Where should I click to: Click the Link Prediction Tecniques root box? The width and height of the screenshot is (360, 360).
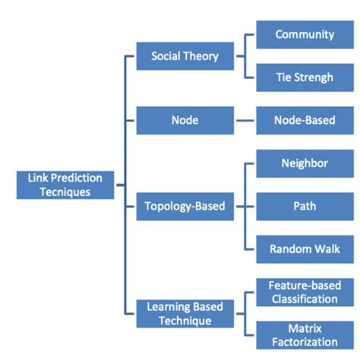[65, 185]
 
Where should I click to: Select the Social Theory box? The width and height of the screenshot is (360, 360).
[185, 55]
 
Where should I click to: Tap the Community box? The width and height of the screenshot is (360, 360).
[305, 34]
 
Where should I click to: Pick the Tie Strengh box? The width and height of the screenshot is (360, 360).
[305, 77]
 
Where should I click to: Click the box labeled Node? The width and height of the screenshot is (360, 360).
[185, 119]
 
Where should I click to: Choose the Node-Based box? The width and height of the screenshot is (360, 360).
[305, 119]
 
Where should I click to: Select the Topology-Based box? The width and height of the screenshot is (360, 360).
[185, 206]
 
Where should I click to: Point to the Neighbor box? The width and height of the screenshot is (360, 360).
[305, 163]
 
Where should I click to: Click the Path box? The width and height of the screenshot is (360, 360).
[305, 206]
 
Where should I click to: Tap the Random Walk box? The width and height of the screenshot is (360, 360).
[305, 249]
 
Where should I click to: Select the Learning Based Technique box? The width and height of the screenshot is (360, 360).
[185, 314]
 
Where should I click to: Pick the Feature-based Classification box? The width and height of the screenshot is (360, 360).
[305, 292]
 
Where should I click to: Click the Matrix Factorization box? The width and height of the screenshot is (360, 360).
[305, 335]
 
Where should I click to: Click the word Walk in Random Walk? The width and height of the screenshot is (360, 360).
[326, 249]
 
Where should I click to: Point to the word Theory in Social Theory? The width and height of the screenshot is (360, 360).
[203, 55]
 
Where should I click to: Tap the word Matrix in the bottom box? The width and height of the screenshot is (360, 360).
[305, 328]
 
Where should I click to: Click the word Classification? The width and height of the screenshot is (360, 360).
[305, 299]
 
